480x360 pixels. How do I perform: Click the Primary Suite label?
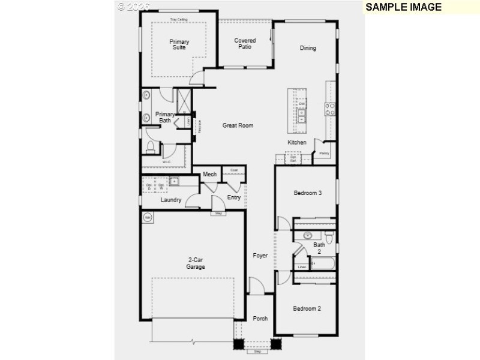click(179, 44)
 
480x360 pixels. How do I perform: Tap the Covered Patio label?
click(245, 44)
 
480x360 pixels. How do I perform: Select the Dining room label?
click(308, 48)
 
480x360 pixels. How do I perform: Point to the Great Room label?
click(238, 125)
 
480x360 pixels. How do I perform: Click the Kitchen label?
click(297, 142)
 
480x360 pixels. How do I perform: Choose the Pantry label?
click(325, 154)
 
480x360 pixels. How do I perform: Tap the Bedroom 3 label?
click(308, 193)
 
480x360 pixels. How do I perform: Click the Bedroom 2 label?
click(307, 308)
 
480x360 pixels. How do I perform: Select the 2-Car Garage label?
click(195, 263)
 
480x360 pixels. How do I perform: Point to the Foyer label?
click(260, 256)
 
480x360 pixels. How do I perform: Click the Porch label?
click(260, 319)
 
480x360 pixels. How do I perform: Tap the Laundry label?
click(171, 200)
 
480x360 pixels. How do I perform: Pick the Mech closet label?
click(209, 175)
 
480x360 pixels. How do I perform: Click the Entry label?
click(234, 197)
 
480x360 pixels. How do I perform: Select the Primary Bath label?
click(165, 117)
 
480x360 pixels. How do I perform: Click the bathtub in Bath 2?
click(322, 263)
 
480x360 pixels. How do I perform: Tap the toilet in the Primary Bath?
click(150, 146)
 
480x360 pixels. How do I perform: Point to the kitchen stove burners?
click(330, 109)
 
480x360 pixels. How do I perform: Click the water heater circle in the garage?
click(147, 217)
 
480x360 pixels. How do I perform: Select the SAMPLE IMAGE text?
click(403, 7)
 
